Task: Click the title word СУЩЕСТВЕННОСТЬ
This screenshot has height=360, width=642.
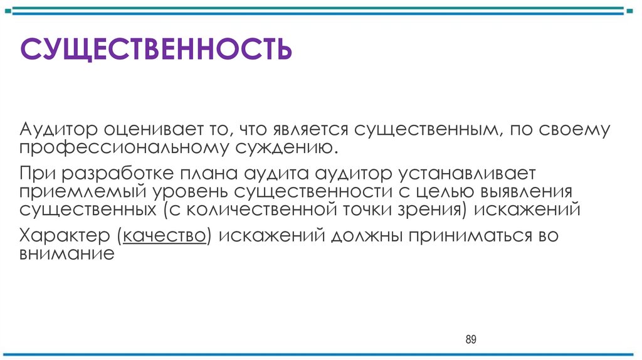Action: point(156,49)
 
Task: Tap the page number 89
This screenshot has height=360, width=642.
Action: point(471,340)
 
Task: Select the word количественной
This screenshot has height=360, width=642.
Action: point(263,209)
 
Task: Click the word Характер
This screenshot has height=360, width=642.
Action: point(63,236)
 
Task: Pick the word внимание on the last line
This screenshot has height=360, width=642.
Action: point(66,255)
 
